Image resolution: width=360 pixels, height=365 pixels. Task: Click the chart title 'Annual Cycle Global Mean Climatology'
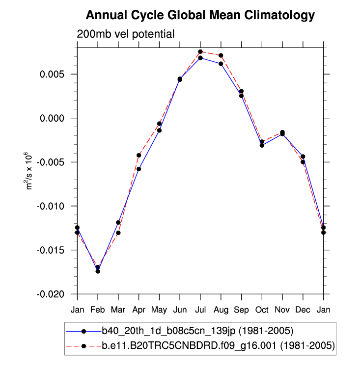pos(200,16)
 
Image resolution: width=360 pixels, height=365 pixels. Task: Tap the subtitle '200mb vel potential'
pos(126,34)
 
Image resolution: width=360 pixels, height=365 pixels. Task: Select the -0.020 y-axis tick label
pos(56,294)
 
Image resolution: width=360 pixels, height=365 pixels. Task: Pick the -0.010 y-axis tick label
pos(56,206)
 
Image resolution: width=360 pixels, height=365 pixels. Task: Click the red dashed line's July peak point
pos(200,52)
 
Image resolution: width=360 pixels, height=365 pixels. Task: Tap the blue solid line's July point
pos(200,58)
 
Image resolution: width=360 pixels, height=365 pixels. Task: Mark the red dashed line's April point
pos(139,155)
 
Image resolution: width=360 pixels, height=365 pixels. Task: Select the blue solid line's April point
pos(139,169)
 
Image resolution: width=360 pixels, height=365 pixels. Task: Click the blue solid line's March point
pos(118,222)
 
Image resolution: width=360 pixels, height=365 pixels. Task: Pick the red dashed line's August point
pos(221,55)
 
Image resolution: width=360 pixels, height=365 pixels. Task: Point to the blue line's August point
pos(221,64)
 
